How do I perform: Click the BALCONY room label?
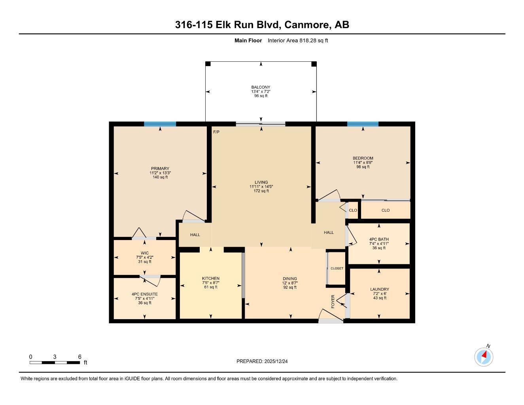pyautogui.click(x=261, y=87)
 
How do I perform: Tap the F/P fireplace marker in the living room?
pyautogui.click(x=216, y=132)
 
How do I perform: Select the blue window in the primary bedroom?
pyautogui.click(x=160, y=124)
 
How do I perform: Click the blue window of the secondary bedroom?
pyautogui.click(x=363, y=124)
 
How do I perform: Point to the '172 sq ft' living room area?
pyautogui.click(x=261, y=191)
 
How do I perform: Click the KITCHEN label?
pyautogui.click(x=210, y=278)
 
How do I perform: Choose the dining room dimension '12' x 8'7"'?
pyautogui.click(x=289, y=283)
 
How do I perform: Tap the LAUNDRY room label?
pyautogui.click(x=379, y=289)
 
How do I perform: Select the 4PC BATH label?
pyautogui.click(x=379, y=239)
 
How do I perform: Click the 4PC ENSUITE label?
pyautogui.click(x=144, y=294)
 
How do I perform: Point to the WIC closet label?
pyautogui.click(x=144, y=253)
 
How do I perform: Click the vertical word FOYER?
pyautogui.click(x=333, y=302)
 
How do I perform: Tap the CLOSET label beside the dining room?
pyautogui.click(x=337, y=268)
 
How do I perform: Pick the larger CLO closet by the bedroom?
pyautogui.click(x=385, y=210)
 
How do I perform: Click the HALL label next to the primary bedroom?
pyautogui.click(x=195, y=235)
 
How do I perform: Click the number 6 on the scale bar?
pyautogui.click(x=79, y=357)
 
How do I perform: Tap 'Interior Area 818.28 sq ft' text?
pyautogui.click(x=298, y=40)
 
